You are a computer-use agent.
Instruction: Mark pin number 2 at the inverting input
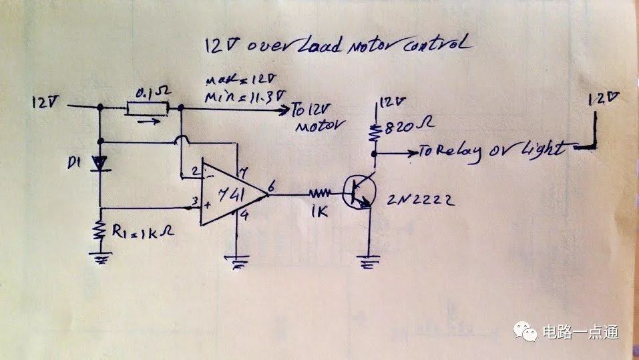tap(194, 171)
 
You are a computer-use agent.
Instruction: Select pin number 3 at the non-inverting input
tap(194, 201)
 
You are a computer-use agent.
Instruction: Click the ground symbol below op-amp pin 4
tap(238, 262)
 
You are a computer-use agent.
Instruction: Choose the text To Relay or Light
tap(487, 150)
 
